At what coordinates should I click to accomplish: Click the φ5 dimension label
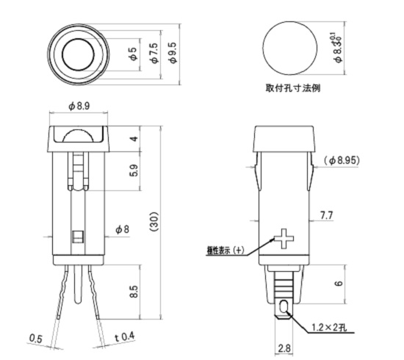coord(132,54)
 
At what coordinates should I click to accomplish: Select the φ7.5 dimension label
coord(153,54)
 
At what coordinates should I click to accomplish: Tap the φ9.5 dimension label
coord(173,54)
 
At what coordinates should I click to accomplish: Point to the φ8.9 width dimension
coord(79,107)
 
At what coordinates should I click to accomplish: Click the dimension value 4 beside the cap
coord(133,139)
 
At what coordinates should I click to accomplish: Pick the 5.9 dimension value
coord(133,172)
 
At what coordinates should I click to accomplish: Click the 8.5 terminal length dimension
coord(133,292)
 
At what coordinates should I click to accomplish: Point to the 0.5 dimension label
coord(35,338)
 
